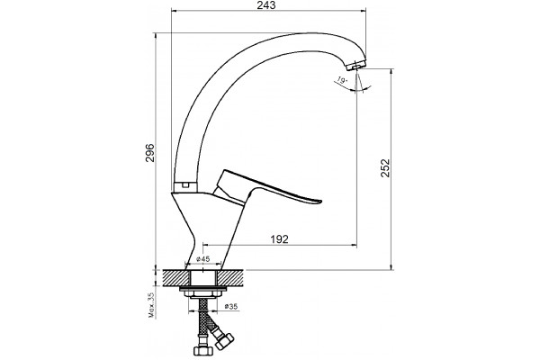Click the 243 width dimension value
[266, 5]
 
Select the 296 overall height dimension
[150, 153]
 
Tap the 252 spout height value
[385, 167]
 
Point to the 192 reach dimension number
[279, 238]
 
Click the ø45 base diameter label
[202, 258]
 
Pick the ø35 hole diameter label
[231, 306]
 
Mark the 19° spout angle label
[342, 81]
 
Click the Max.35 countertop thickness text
[151, 306]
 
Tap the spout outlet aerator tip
[355, 65]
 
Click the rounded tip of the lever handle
[319, 202]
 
